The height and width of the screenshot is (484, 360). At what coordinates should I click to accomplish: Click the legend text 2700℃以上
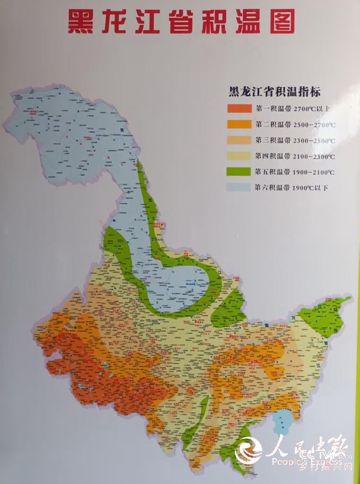pyautogui.click(x=312, y=109)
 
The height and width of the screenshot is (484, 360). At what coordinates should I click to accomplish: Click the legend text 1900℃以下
pyautogui.click(x=312, y=187)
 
